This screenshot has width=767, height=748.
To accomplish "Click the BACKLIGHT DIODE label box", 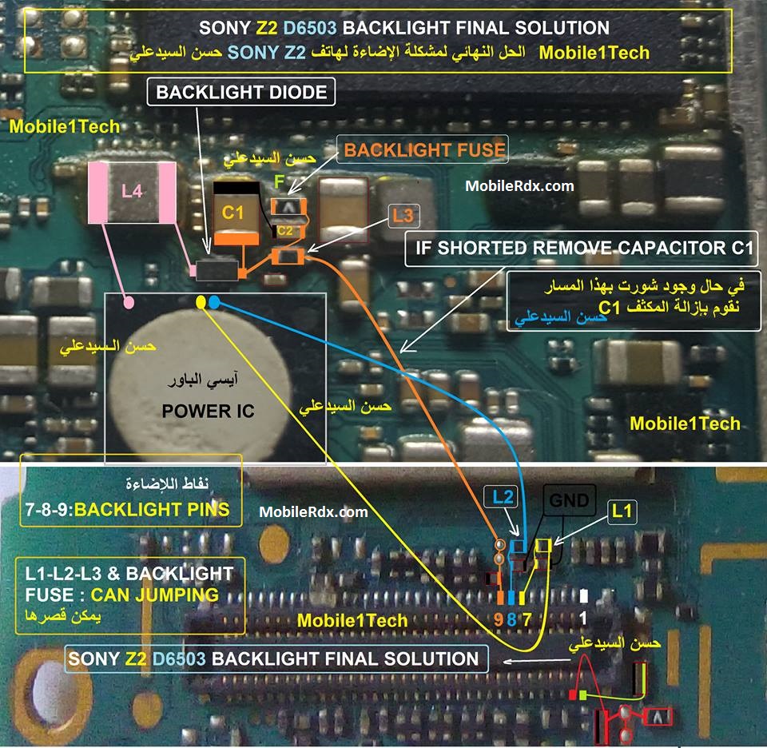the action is click(241, 92).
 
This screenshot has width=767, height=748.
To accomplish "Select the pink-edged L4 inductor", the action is click(132, 193).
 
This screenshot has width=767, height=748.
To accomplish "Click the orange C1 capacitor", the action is click(236, 213).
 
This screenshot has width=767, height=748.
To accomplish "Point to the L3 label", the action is click(403, 215).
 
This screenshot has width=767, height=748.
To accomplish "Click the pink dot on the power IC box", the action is click(129, 303).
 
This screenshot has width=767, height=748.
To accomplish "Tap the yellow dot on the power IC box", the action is click(201, 302).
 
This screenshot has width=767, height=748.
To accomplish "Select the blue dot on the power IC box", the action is click(214, 302).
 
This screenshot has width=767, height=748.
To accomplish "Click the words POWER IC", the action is click(208, 412).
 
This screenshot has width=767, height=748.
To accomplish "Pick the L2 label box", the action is click(503, 497).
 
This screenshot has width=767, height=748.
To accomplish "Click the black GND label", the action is click(570, 500).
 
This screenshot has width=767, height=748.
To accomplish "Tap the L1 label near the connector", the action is click(622, 511).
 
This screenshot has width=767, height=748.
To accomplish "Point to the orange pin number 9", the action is click(499, 619).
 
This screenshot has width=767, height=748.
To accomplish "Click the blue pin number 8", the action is click(511, 619).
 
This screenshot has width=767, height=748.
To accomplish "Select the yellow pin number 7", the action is click(527, 619).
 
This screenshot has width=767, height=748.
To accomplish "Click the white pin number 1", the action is click(583, 619).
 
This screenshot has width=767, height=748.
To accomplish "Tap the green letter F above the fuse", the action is click(280, 181).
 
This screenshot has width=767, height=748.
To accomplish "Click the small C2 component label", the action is click(285, 230).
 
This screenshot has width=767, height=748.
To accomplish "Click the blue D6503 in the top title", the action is click(310, 28).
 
